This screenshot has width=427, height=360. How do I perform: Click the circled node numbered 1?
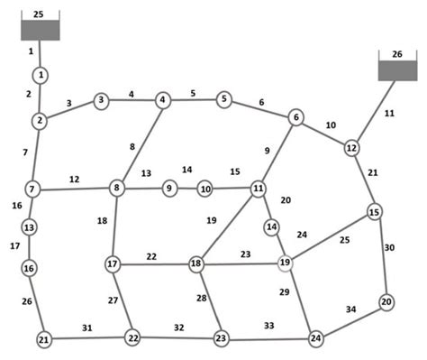coord(41,74)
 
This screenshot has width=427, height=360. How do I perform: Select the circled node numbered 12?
coord(352,147)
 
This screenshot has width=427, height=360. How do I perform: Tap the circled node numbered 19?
coord(286,263)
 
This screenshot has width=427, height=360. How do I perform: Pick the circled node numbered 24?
coord(315,338)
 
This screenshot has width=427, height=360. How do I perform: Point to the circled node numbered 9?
coord(168,189)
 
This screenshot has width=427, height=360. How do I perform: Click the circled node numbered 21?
coord(43,339)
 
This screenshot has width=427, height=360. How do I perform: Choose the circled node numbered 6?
coord(295,117)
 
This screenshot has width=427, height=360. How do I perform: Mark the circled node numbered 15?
coord(375,212)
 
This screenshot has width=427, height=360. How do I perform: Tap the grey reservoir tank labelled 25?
coord(41,31)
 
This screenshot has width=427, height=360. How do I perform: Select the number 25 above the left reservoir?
coord(38,14)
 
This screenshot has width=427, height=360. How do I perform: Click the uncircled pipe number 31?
coord(86,327)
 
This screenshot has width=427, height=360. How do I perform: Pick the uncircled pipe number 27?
coord(114,300)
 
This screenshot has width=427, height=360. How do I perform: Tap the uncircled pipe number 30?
coord(389,246)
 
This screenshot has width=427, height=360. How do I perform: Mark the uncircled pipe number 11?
coord(389,113)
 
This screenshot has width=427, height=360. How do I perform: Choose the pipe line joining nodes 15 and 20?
coord(381,257)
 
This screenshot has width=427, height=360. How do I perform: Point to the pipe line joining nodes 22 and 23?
coord(177,338)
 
